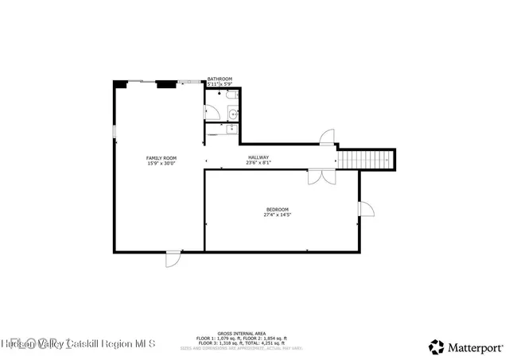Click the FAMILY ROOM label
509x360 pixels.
coord(161,158)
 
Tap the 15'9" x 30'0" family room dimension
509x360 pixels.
coord(161,164)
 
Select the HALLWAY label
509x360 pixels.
coord(258,157)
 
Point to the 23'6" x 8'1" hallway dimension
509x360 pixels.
coord(258,163)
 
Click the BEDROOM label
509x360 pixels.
coord(277,209)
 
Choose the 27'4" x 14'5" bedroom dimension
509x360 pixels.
coord(277,215)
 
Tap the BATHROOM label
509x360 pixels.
coord(220,79)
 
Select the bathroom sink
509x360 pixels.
coord(231,114)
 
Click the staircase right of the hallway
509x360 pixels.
coord(367,160)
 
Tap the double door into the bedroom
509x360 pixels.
coord(322,177)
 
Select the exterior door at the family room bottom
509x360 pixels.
coord(173,259)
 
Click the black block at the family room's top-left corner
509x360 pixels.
coord(119,83)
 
